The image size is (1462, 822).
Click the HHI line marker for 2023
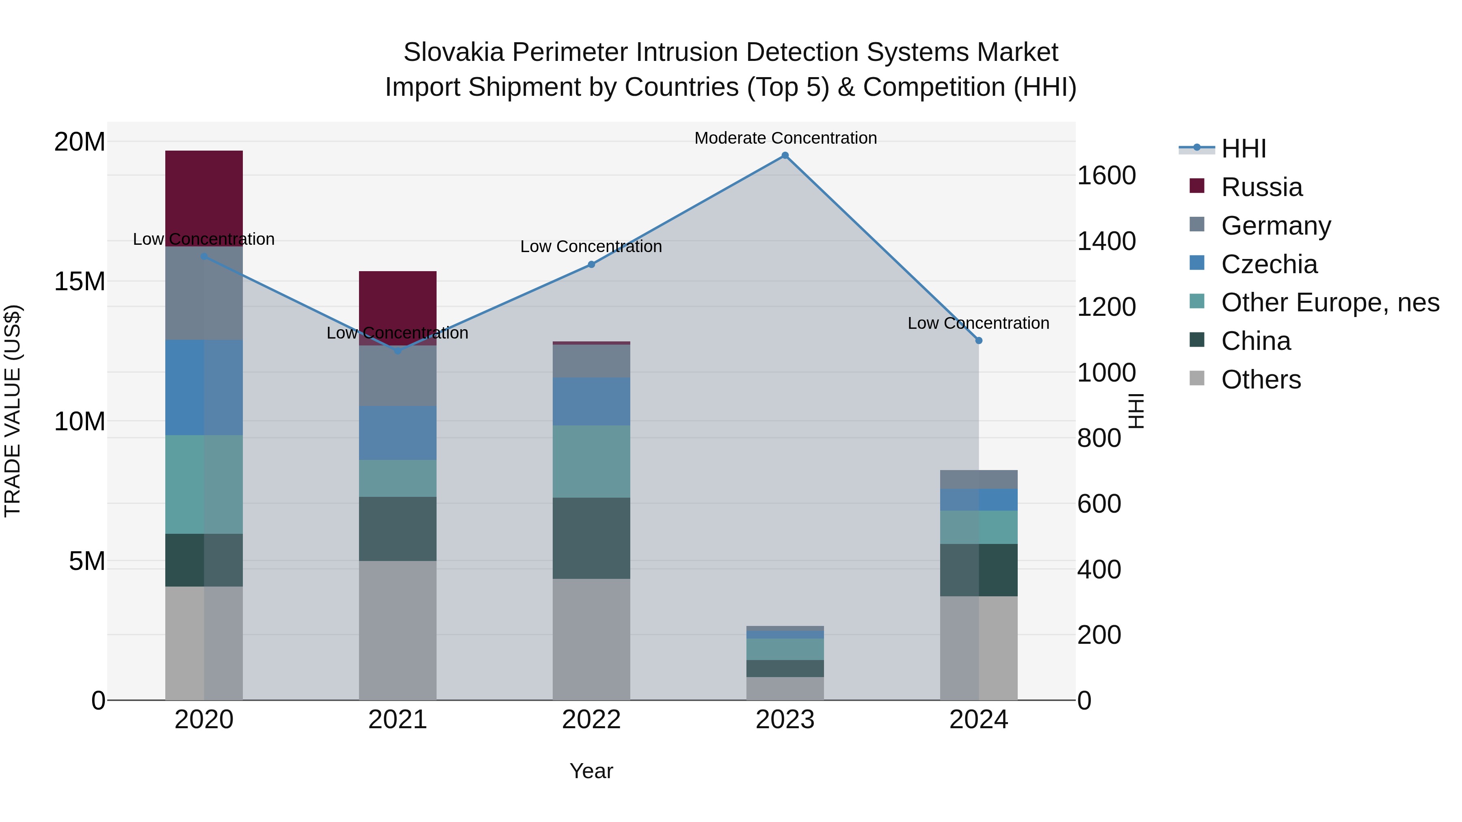click(x=785, y=155)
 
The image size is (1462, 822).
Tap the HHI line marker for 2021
click(x=397, y=351)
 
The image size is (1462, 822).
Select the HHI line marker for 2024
click(x=978, y=341)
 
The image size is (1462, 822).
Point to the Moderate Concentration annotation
click(x=785, y=138)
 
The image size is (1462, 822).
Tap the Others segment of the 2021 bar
click(x=397, y=630)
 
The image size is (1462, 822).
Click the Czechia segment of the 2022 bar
click(x=591, y=401)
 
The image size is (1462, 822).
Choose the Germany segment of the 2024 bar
click(x=978, y=479)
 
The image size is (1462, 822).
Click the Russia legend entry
click(x=1261, y=187)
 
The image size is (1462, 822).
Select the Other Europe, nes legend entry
click(x=1330, y=302)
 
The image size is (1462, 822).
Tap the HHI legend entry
click(x=1243, y=149)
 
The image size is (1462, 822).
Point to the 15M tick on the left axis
click(x=80, y=281)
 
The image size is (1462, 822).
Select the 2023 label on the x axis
click(x=785, y=720)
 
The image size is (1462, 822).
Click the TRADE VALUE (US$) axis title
click(x=13, y=411)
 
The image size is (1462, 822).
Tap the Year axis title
click(x=591, y=771)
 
